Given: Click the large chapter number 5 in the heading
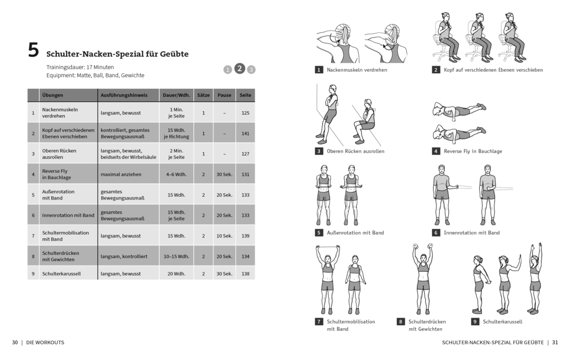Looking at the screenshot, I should click(x=34, y=51).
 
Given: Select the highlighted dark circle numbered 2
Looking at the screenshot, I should click(x=239, y=68).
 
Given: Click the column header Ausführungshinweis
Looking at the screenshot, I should click(x=123, y=95).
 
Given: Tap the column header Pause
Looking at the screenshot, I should click(x=224, y=95).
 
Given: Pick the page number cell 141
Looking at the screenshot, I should click(x=245, y=133).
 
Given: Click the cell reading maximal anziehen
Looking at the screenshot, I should click(x=121, y=174).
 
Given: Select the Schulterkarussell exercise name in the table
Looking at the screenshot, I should click(x=61, y=273).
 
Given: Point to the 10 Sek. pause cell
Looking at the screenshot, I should click(x=224, y=235).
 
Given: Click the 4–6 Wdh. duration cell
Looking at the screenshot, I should click(x=177, y=174).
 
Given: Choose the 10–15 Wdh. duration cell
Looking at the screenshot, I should click(x=177, y=256).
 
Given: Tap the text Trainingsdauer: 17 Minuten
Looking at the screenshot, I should click(x=80, y=67).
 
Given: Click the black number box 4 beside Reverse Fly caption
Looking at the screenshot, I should click(x=436, y=151).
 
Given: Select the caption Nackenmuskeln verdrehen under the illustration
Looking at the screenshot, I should click(x=357, y=70).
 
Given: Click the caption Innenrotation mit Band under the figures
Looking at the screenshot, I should click(x=472, y=233).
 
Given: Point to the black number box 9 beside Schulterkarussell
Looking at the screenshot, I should click(x=474, y=321).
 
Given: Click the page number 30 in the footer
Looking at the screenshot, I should click(x=15, y=342).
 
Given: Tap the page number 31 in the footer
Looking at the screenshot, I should click(x=555, y=342).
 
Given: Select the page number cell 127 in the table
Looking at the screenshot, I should click(x=245, y=154).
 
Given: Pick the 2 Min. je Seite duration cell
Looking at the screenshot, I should click(x=177, y=154).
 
